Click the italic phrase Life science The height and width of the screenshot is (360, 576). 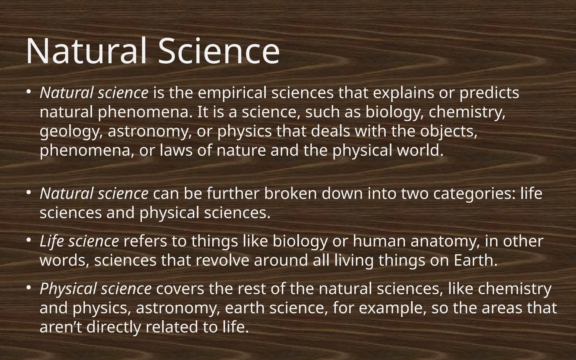click(x=79, y=241)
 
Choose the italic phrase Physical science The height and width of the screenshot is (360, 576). click(x=96, y=289)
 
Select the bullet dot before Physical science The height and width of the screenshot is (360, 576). click(x=28, y=288)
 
